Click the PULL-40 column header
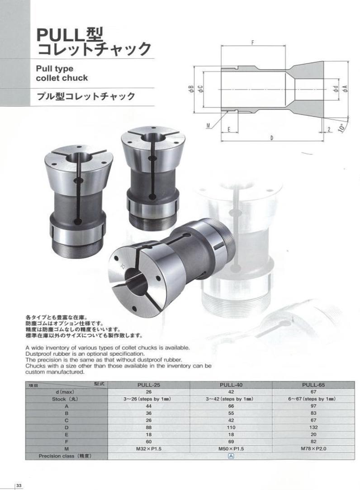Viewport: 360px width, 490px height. (231, 385)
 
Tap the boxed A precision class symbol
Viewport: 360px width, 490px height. (231, 456)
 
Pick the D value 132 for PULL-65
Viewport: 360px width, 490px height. (313, 428)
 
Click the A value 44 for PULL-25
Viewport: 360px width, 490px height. (148, 406)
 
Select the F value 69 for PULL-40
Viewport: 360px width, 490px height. (231, 442)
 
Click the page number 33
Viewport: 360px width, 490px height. (19, 485)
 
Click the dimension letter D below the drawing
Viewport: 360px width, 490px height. (271, 138)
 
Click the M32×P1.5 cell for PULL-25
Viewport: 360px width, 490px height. (148, 449)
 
